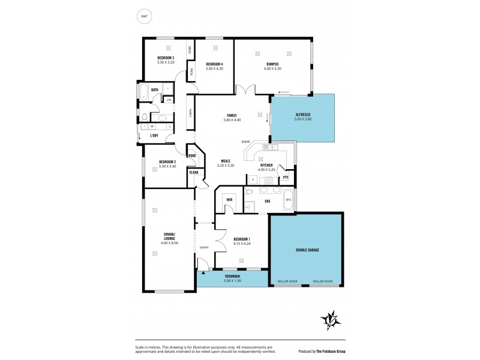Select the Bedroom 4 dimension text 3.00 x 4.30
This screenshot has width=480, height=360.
[214, 68]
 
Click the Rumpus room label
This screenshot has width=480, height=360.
[273, 64]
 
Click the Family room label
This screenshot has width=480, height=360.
[232, 115]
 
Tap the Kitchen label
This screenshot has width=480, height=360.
[267, 165]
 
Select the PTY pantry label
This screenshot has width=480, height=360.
[286, 177]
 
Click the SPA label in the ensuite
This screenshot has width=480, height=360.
[288, 199]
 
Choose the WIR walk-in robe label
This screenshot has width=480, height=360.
[229, 199]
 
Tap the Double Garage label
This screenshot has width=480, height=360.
[307, 250]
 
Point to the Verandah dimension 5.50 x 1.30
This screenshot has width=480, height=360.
[232, 281]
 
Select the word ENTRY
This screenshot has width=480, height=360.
[205, 247]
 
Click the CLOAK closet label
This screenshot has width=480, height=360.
[194, 172]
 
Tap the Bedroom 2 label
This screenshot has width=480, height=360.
[167, 161]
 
